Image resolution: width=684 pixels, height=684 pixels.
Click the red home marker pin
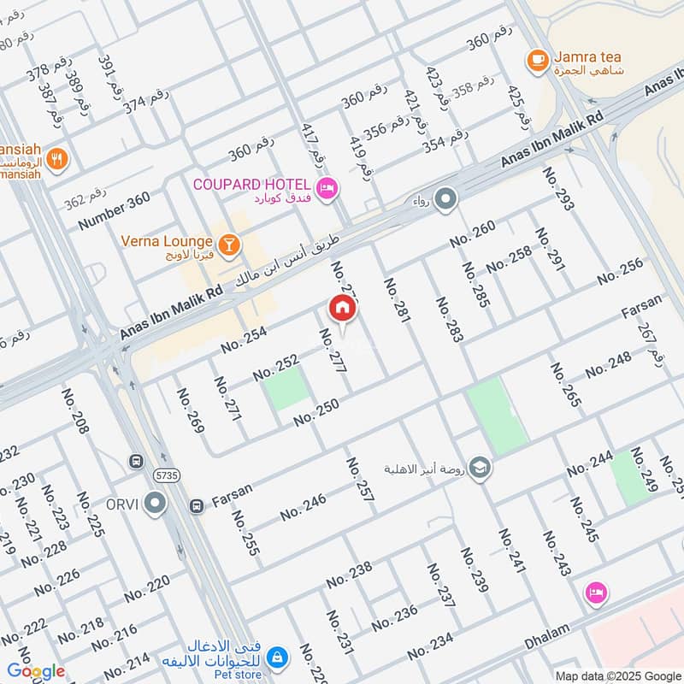pos(342,309)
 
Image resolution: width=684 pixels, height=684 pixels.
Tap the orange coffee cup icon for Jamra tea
pos(537,59)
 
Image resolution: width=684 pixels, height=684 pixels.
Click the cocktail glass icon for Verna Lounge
pos(228,246)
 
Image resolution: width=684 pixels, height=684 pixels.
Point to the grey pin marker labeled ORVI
pos(155,504)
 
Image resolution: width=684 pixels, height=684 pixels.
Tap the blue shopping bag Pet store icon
pos(276,657)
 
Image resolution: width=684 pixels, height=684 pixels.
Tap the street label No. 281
pos(398,301)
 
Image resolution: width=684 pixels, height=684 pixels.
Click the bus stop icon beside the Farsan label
pos(197,506)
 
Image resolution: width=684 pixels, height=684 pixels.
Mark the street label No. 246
pos(304,506)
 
